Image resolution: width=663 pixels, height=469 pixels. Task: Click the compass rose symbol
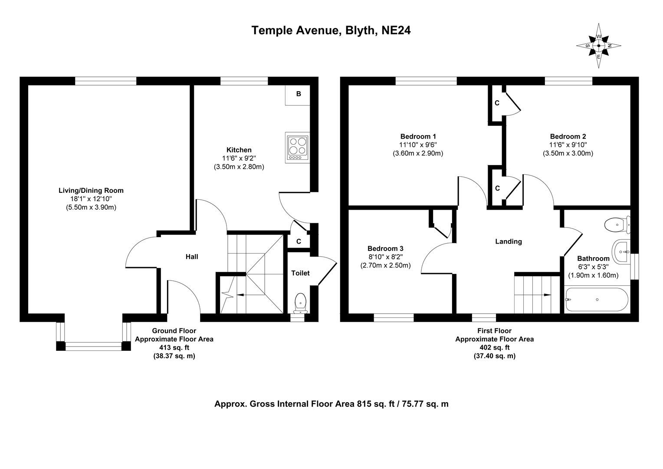[x=599, y=46]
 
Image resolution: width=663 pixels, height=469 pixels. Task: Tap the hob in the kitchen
[x=297, y=147]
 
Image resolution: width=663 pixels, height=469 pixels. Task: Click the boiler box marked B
[x=298, y=94]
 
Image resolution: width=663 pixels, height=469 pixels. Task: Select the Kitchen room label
[x=239, y=150]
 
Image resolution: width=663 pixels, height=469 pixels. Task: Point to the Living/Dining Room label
[x=91, y=190]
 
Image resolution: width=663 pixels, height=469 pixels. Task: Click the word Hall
[x=192, y=257]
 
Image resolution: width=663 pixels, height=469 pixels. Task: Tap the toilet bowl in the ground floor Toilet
[x=300, y=302]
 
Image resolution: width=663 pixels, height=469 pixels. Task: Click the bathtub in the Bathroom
[x=596, y=300]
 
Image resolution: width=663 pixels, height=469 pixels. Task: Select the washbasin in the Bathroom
[x=622, y=251]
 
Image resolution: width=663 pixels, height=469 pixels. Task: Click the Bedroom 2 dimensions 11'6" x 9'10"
[x=568, y=145]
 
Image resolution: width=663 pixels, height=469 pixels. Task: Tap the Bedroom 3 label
[x=385, y=248]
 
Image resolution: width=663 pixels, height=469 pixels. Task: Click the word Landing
[x=509, y=241]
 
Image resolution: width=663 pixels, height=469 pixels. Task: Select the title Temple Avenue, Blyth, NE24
[x=331, y=30]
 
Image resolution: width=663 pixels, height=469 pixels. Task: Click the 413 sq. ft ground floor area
[x=174, y=347]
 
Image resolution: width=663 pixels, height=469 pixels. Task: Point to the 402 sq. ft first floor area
[x=494, y=347]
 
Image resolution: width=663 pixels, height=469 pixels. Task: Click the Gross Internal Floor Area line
[x=331, y=404]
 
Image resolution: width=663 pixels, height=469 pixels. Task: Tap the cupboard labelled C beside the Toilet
[x=299, y=241]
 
